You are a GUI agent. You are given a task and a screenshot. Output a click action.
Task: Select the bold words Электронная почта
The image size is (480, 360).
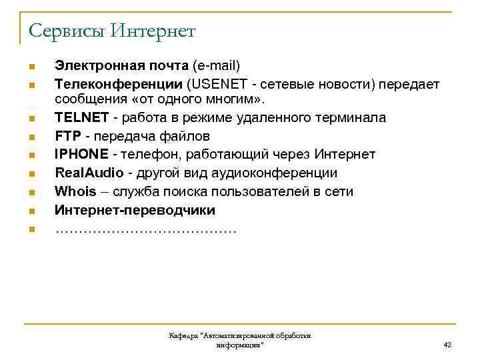click(122, 65)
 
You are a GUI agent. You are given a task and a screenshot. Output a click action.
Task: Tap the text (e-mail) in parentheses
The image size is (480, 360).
click(215, 65)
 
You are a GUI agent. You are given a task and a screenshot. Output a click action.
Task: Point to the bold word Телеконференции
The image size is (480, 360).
click(119, 84)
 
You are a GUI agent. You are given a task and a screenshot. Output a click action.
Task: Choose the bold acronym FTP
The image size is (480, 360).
click(68, 137)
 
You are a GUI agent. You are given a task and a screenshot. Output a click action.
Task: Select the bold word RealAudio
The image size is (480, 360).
click(89, 173)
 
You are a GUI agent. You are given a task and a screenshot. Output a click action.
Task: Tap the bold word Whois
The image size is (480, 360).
click(75, 192)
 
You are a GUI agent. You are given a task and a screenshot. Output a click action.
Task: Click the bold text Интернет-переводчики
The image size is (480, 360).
click(135, 211)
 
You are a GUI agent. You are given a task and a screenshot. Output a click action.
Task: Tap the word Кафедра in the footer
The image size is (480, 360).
click(184, 336)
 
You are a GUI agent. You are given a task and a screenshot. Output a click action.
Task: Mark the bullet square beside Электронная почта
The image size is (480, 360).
click(31, 67)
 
